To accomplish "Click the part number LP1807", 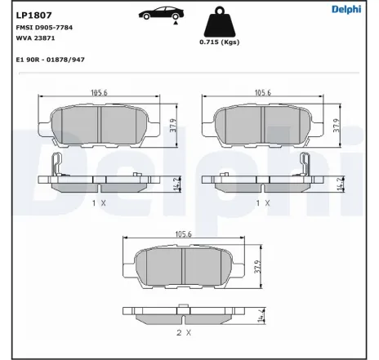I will (x=30, y=13).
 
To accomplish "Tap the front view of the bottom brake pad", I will (x=184, y=266).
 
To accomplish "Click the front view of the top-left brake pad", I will (x=100, y=124).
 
